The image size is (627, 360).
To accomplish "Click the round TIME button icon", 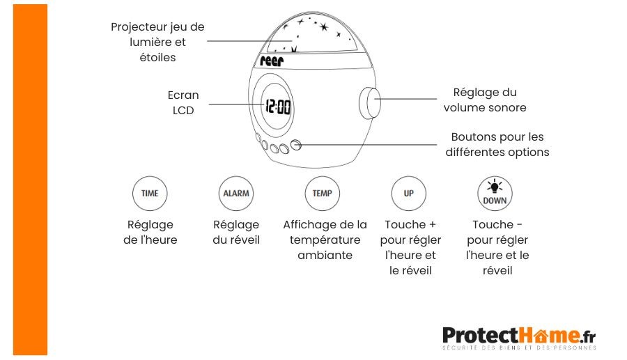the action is click(150, 194).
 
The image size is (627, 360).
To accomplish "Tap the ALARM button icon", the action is click(236, 194).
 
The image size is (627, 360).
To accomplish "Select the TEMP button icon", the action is click(323, 194).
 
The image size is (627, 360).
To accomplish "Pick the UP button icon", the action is click(409, 194).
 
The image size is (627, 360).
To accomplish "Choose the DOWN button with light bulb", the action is click(495, 194).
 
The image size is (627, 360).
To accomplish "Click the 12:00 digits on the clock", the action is click(278, 107).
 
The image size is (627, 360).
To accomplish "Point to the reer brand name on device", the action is click(272, 61).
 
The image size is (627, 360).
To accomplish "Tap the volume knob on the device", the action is click(369, 103).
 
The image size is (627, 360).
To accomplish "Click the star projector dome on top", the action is click(311, 33).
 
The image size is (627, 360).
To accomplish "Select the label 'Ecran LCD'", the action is click(183, 102).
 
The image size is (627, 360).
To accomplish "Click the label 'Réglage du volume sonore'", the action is click(485, 100).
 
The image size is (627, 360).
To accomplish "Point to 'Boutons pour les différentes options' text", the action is click(497, 144).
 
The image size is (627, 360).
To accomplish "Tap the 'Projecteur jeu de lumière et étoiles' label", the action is click(157, 42).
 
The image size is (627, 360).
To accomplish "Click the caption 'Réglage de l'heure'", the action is click(150, 232).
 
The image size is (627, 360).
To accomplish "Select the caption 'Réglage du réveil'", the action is click(236, 232).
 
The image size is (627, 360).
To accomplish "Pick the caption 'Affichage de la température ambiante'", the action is click(325, 240).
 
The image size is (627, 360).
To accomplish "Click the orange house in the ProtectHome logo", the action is click(541, 335).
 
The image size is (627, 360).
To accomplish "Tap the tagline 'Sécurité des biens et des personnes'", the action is click(519, 347).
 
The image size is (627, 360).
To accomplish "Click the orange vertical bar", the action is click(30, 180).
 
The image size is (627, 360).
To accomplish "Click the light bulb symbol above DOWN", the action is click(495, 186).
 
